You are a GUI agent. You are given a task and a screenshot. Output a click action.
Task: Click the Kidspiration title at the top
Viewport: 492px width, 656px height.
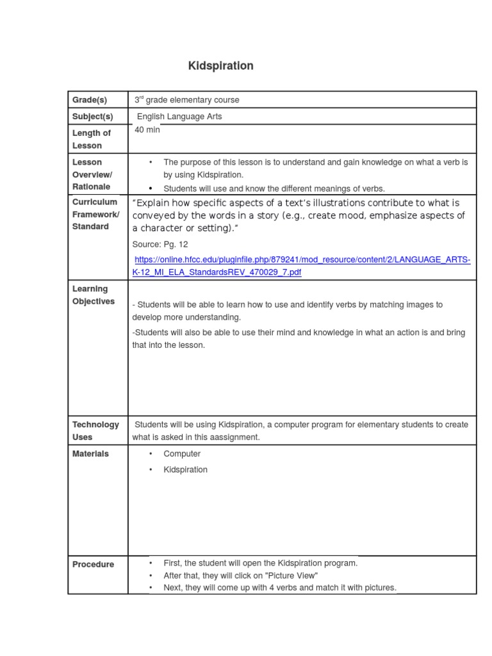coord(220,66)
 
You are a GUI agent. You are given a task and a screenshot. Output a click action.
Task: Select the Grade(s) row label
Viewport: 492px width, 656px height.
coord(90,100)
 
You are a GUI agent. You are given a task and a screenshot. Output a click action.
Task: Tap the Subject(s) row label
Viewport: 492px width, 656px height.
coord(92,117)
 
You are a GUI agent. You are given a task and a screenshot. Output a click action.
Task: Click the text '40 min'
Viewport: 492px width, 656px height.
coord(147,130)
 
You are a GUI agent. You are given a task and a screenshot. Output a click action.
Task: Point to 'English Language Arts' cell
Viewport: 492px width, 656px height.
coord(179,117)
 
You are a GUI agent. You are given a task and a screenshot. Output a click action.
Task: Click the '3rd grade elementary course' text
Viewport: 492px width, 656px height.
coord(186,100)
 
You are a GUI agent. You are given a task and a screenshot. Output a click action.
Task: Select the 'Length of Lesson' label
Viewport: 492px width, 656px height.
coord(91,139)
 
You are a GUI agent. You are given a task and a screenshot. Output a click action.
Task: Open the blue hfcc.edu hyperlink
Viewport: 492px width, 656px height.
coord(301,266)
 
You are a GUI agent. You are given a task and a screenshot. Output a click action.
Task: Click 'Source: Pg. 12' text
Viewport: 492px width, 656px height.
coord(160,245)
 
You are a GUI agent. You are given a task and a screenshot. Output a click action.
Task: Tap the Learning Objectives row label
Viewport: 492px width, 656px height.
coord(94,295)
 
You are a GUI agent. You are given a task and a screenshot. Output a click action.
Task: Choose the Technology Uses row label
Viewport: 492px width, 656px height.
coord(95,430)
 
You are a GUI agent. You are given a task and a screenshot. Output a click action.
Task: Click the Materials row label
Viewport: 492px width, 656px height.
coord(90,454)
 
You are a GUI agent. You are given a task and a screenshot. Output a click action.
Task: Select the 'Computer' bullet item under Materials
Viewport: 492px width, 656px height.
coord(182,454)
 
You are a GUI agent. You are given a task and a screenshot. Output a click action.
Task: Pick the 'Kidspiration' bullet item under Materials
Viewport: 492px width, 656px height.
coord(186,470)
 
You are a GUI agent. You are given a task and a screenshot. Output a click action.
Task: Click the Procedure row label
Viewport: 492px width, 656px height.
coord(93,564)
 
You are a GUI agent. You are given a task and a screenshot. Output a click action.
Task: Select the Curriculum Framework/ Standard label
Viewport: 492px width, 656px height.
coord(95,214)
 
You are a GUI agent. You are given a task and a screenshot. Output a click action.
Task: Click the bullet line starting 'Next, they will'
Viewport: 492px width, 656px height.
coord(280,587)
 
